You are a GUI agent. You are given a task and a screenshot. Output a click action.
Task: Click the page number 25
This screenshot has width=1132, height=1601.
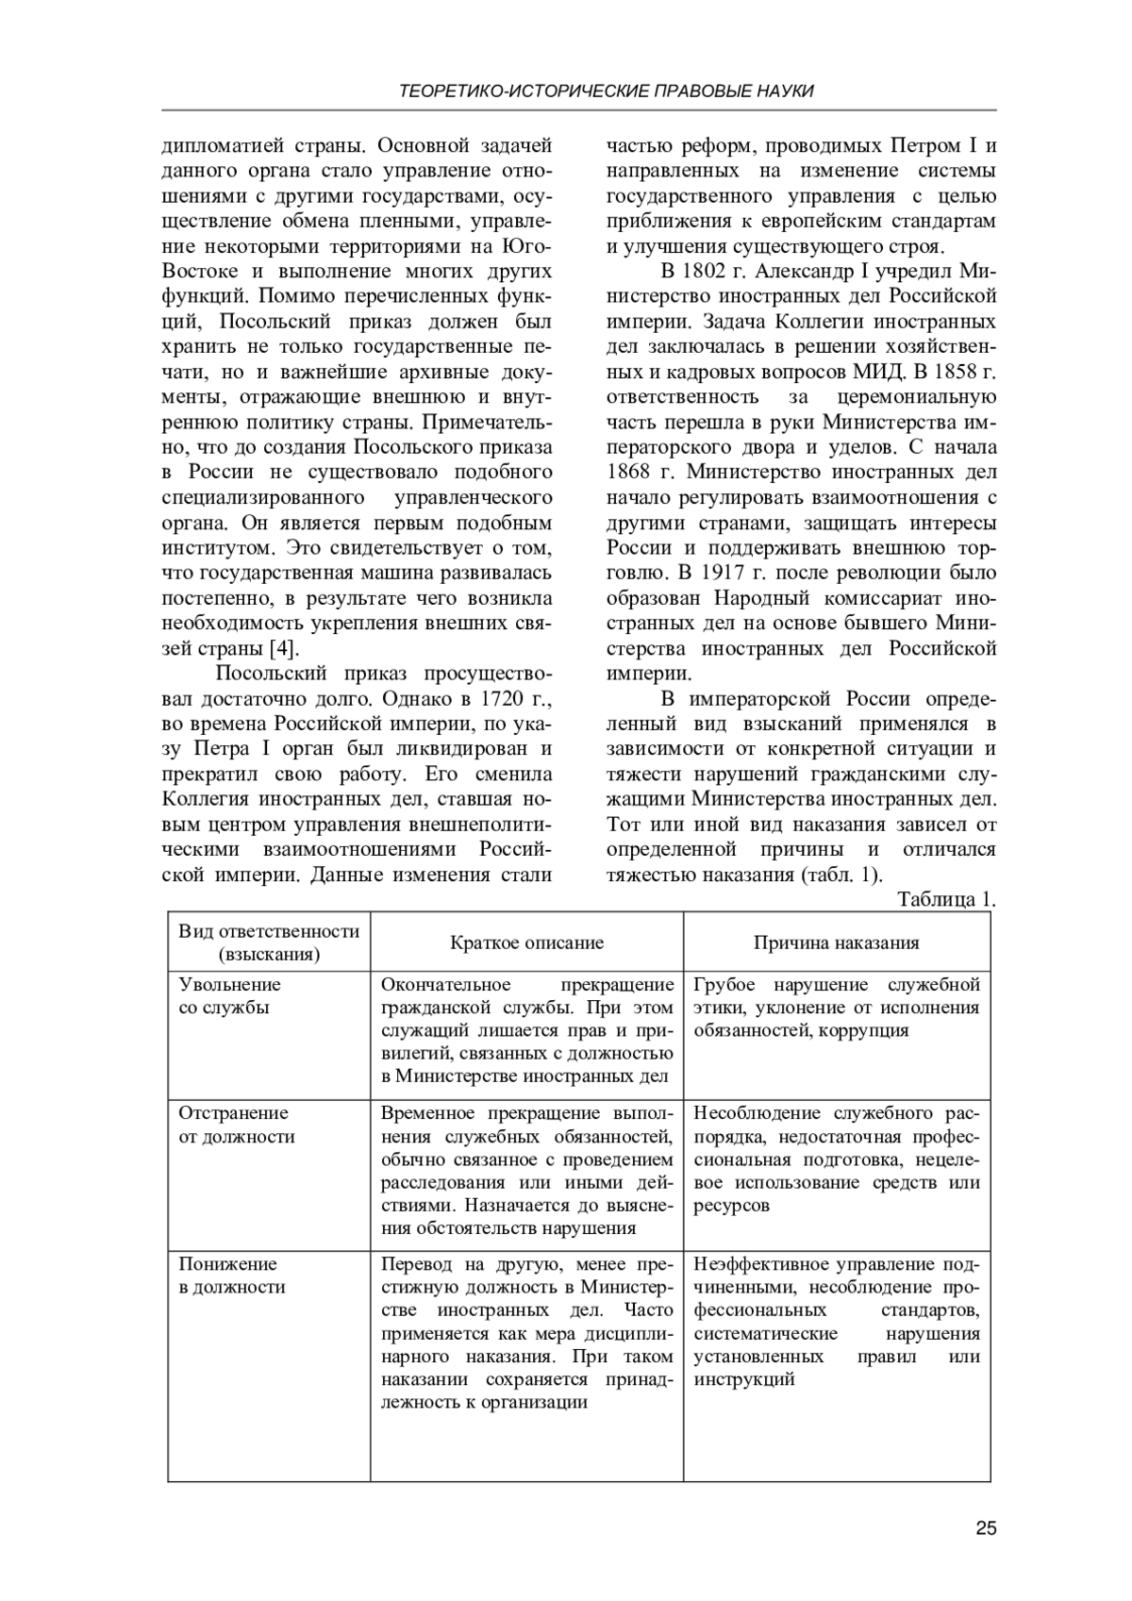point(986,1529)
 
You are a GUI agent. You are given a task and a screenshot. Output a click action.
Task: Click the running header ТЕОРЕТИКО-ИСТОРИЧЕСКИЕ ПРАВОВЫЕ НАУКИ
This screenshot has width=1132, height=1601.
point(607,92)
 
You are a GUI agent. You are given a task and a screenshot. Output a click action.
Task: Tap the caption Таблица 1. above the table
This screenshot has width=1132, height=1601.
point(946,899)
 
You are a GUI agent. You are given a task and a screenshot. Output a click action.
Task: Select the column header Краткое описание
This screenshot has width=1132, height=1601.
point(526,942)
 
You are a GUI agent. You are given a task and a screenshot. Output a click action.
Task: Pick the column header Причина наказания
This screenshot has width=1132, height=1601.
point(836,942)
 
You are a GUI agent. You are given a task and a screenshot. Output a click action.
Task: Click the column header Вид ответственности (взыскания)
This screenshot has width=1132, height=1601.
point(269,942)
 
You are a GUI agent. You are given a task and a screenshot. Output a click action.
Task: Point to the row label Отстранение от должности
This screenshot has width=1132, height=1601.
point(236,1125)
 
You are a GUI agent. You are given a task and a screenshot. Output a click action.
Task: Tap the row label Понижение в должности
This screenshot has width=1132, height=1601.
point(231,1276)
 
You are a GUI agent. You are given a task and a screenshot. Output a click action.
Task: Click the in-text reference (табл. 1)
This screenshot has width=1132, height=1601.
point(841,874)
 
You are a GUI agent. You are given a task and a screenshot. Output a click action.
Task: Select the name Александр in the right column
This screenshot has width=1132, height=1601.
point(793,272)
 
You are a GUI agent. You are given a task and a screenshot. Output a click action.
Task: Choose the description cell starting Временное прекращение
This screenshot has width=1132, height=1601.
point(526,1170)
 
